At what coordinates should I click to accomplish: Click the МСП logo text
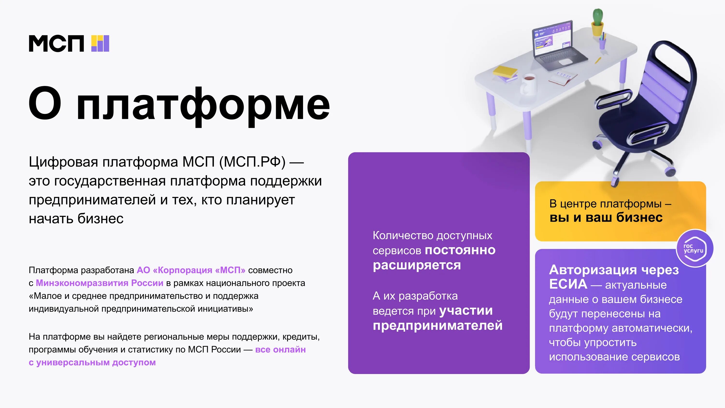56,44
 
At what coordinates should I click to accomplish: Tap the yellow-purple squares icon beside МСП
100,44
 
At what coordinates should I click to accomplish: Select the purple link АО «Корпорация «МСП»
191,270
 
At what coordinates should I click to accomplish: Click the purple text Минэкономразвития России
99,283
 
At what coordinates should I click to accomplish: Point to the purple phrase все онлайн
280,350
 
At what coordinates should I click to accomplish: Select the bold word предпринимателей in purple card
438,326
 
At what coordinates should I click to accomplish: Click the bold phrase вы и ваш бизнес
606,218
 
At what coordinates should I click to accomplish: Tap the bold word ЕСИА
568,284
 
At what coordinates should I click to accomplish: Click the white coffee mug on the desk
528,83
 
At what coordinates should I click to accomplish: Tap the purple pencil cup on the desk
602,44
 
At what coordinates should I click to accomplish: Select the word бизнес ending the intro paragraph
100,219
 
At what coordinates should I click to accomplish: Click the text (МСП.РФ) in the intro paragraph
252,162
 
